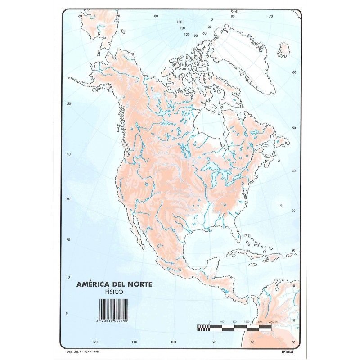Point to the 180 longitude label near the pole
180,22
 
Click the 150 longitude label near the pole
182,28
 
